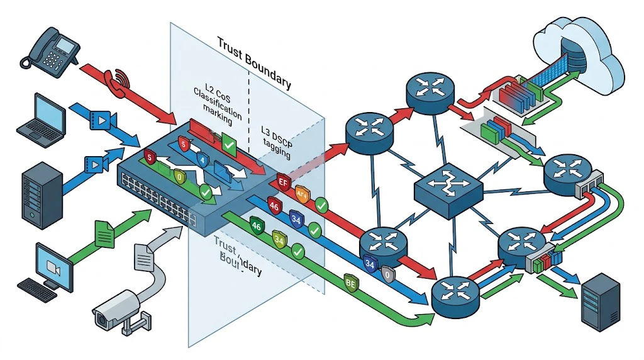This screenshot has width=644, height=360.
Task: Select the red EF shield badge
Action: [x=283, y=183]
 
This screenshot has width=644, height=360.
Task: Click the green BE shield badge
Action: [x=350, y=282]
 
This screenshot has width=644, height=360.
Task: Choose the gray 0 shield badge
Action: [x=388, y=274]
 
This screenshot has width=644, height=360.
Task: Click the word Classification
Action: [x=218, y=103]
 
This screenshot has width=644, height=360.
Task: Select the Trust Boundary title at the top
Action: [x=253, y=62]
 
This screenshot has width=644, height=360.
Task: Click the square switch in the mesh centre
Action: [x=448, y=184]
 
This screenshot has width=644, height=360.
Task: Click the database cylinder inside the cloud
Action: [x=573, y=50]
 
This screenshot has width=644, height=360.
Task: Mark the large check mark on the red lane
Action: [x=230, y=147]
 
